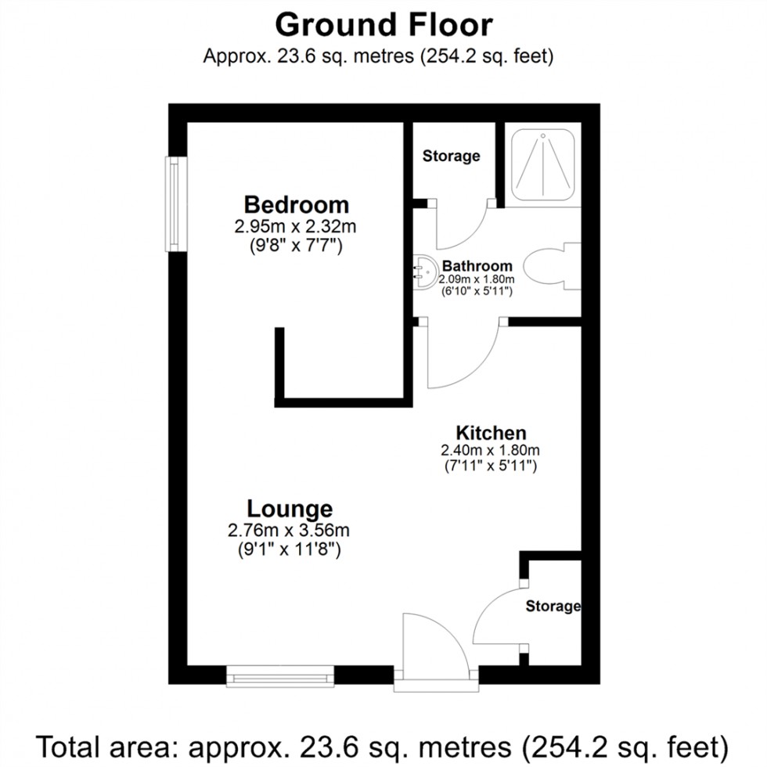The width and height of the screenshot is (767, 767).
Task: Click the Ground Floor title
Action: [x=383, y=25]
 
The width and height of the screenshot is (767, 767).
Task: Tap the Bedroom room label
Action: [x=297, y=205]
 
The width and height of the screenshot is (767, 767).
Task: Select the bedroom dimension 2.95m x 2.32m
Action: [x=296, y=228]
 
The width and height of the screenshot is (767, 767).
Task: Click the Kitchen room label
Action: [x=492, y=433]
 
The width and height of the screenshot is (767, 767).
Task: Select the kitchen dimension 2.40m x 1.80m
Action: [x=491, y=452]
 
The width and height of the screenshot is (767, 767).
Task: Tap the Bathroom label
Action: [x=477, y=266]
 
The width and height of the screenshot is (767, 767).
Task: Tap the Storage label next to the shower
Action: [x=451, y=157]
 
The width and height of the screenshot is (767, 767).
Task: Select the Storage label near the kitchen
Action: [x=553, y=607]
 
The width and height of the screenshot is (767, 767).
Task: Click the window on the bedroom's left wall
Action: [x=175, y=204]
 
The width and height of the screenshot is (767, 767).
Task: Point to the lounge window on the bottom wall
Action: [x=280, y=675]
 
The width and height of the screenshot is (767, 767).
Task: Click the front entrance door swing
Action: [x=434, y=646]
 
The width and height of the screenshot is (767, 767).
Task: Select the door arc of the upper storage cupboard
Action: [x=458, y=231]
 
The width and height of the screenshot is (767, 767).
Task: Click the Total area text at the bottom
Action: [x=383, y=743]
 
